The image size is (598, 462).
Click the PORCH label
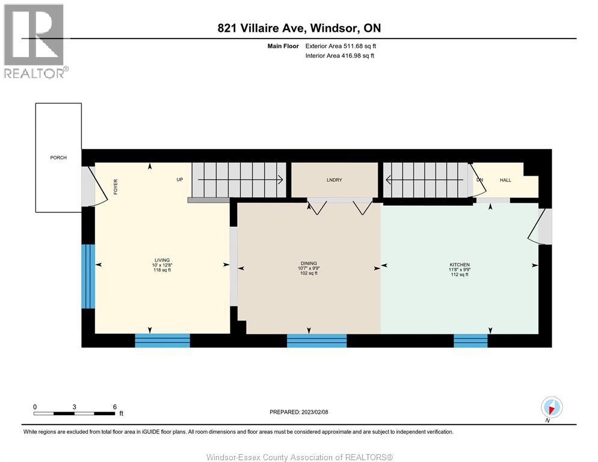point(58,158)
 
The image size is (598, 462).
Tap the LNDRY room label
point(334,180)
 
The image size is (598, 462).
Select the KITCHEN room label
point(460,265)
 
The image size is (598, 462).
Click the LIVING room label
point(162,260)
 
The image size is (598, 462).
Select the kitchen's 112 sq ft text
point(460,275)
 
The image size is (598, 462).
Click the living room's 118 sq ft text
point(162,270)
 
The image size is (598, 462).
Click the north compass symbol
point(551,407)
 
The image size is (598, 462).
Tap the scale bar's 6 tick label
point(114,406)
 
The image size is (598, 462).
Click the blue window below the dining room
point(316,340)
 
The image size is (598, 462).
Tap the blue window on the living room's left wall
point(88,276)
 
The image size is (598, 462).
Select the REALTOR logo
point(34,41)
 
